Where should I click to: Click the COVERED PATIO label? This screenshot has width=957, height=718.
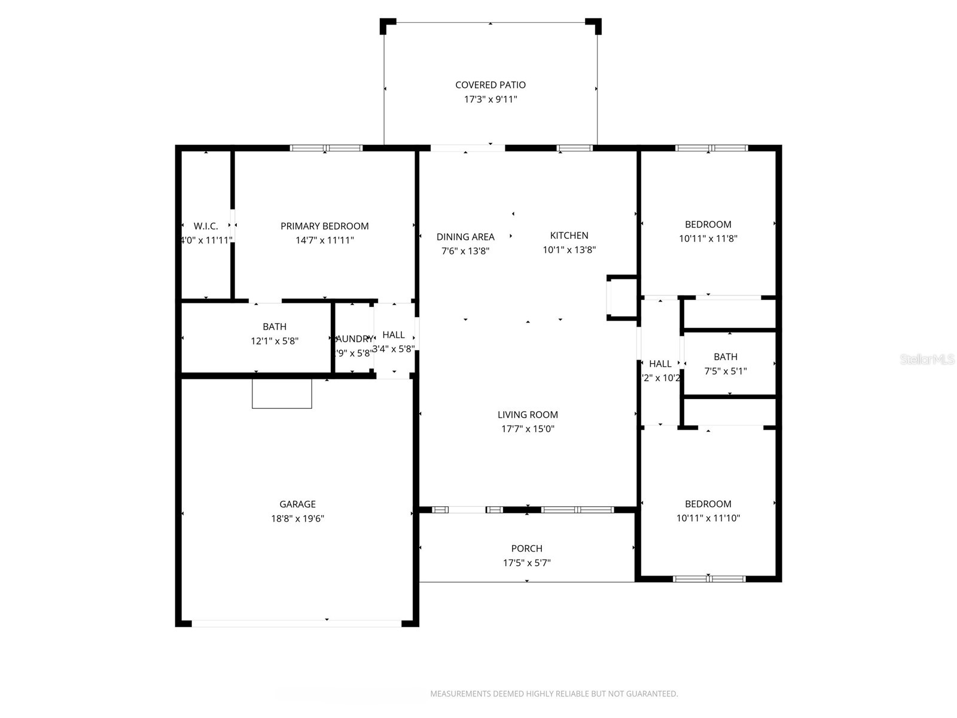pos(490,85)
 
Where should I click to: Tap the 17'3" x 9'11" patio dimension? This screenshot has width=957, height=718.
pos(490,99)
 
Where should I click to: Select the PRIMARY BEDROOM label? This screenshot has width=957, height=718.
pos(325,226)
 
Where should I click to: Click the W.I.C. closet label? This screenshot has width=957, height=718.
pos(206,226)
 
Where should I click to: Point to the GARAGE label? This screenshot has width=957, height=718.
pos(297,504)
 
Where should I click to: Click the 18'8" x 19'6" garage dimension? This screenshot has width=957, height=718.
pos(297,519)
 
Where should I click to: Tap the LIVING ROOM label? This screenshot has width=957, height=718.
pos(528,415)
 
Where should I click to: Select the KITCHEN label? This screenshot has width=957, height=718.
pos(569,236)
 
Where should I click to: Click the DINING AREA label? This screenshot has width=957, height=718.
pos(465,237)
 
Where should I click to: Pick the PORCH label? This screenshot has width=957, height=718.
pos(527,549)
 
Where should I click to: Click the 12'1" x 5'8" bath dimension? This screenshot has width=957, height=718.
pos(275,341)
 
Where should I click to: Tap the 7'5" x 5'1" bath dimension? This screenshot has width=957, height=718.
pos(726,371)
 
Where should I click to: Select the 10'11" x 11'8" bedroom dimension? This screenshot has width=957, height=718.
pos(708,238)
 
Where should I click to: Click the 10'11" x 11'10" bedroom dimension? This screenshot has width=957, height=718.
pos(708,518)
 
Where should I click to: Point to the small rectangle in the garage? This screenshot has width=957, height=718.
pos(282,394)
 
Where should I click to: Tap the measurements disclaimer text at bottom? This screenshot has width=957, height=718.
pos(554,694)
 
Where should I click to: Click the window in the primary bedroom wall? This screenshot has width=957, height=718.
pos(327,148)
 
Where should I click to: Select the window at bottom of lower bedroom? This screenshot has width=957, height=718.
pos(709,579)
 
